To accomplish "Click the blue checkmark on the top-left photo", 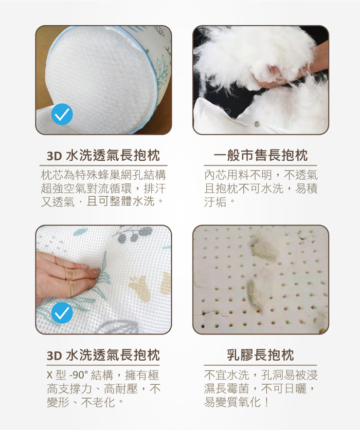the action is [62, 114].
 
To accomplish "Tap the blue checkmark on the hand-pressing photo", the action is [62, 313].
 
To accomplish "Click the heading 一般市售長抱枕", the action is [260, 155].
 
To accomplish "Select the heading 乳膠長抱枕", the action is [260, 355].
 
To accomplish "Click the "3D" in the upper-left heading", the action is [55, 156].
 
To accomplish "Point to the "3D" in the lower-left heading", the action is [55, 356].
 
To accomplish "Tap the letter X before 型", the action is [49, 375].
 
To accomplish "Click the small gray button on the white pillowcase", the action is [257, 124].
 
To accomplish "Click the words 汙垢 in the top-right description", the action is [215, 202].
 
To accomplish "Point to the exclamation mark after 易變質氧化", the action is [266, 402].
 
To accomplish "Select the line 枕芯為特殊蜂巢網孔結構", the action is [103, 175].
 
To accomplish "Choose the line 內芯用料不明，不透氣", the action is [261, 175].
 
